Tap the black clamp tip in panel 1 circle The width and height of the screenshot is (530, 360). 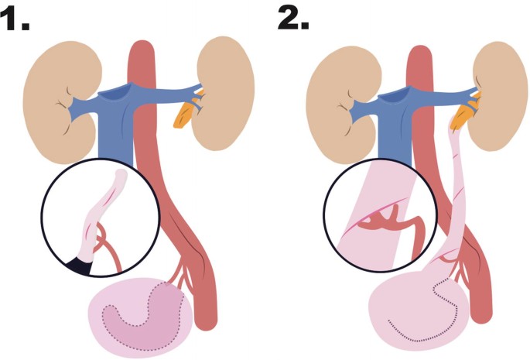pyautogui.click(x=78, y=266)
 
